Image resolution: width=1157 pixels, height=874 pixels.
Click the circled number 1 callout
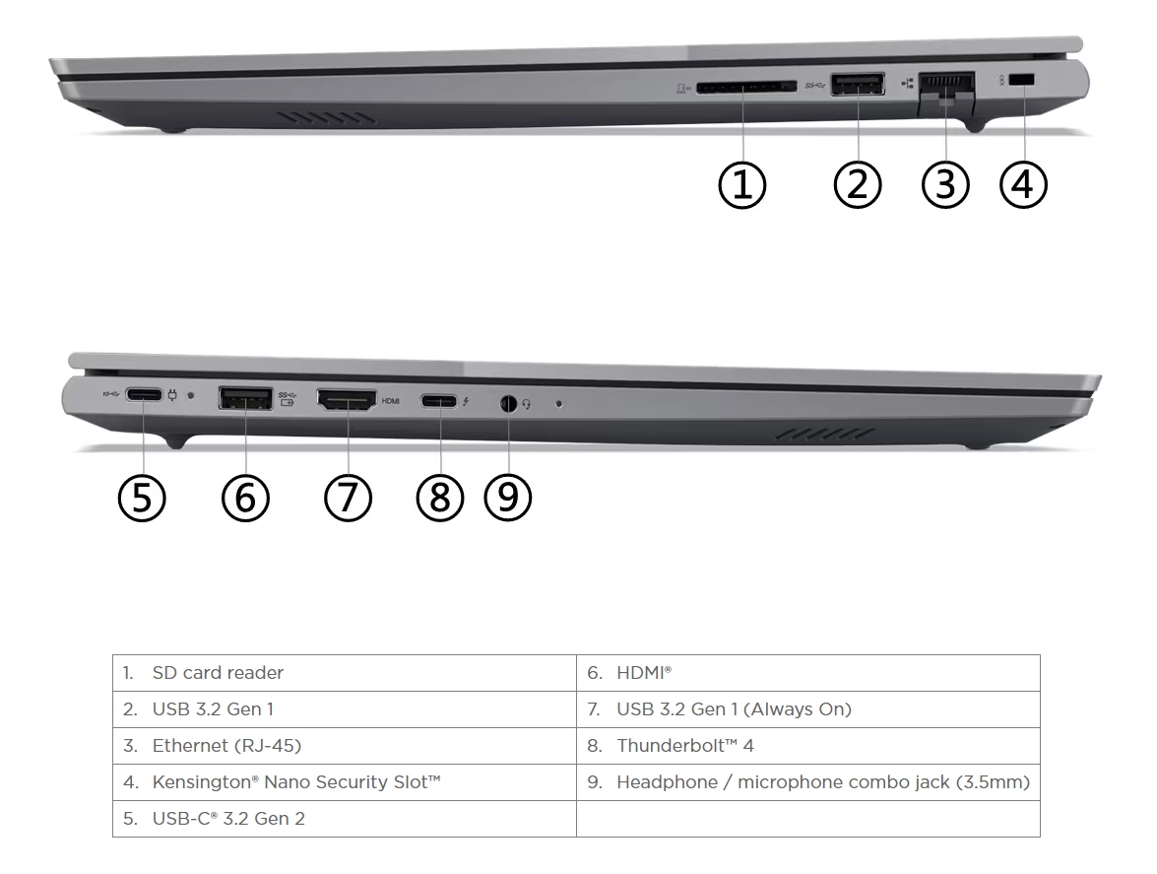(742, 184)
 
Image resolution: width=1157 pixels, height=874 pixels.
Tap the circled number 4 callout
(1023, 184)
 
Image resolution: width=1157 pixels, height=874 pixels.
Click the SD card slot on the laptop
(746, 87)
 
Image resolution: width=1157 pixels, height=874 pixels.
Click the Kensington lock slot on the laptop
(1022, 80)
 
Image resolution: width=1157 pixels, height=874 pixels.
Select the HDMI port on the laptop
(346, 399)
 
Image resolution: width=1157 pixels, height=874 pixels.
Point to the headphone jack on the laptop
(508, 404)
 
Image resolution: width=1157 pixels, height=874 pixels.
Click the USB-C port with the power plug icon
(144, 395)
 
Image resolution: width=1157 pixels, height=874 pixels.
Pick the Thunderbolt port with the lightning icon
(440, 402)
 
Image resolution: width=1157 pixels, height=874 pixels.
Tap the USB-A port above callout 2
(858, 84)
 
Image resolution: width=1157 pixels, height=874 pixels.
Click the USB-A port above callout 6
(246, 399)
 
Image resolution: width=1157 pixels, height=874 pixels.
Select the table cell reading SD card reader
(345, 672)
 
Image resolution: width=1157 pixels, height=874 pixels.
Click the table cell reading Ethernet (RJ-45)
(345, 746)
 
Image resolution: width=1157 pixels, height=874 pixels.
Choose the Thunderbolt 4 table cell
(808, 746)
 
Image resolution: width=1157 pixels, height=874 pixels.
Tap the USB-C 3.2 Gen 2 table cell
(345, 819)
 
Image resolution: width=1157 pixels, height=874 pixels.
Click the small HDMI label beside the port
(390, 402)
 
